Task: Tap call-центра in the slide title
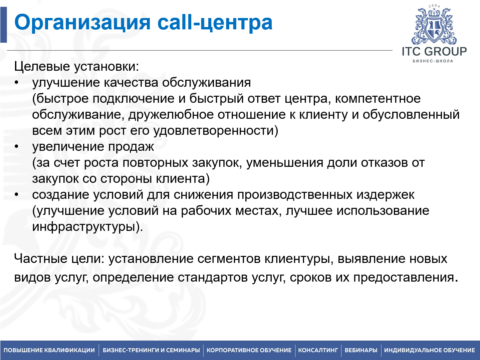215,23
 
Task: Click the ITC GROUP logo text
434,51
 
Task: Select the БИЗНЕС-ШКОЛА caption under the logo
433,61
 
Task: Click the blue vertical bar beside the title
3,25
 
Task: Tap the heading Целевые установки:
76,66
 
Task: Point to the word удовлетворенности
216,130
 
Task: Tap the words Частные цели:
59,259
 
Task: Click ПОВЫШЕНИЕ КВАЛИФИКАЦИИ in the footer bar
49,350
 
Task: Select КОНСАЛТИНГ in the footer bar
318,350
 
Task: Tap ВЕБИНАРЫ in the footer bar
361,350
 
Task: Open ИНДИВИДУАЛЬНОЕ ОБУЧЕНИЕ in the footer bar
429,350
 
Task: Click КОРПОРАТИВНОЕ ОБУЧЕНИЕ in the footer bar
249,350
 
